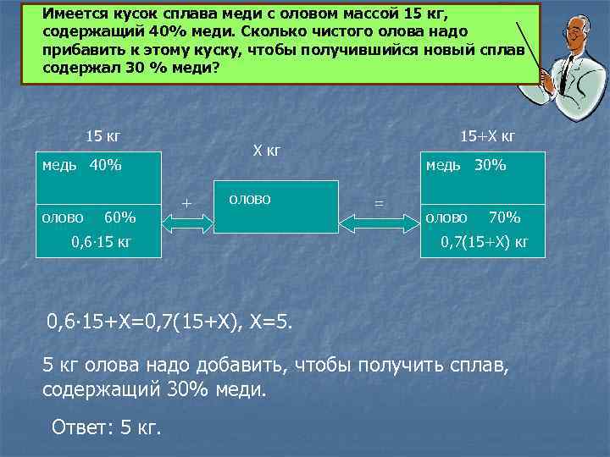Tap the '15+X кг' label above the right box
point(487,136)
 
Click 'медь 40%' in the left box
point(82,165)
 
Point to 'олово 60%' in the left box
point(89,217)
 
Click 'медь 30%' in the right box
point(466,165)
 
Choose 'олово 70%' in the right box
point(473,217)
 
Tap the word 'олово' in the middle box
point(249,199)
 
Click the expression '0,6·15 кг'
point(102,243)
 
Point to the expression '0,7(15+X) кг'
point(485,243)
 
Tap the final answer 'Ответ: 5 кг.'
point(106,427)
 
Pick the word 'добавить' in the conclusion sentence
point(247,366)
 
